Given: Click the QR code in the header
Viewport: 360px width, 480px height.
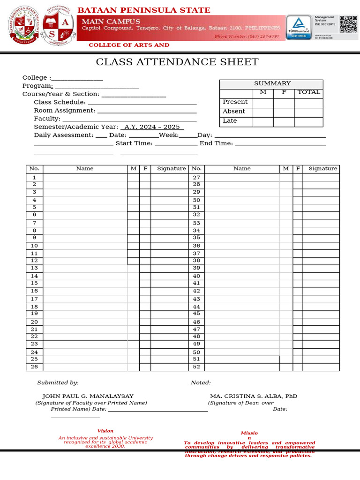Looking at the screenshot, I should (348, 24).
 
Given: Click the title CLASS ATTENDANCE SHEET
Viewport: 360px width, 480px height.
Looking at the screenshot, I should (177, 62).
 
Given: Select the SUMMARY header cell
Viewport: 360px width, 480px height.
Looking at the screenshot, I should (272, 83).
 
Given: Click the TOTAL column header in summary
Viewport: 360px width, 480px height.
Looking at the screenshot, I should (308, 92).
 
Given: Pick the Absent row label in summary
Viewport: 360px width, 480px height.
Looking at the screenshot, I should (234, 112).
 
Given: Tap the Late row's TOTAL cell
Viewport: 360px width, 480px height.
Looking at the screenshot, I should (308, 121).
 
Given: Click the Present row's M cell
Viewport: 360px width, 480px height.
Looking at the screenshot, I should (263, 102).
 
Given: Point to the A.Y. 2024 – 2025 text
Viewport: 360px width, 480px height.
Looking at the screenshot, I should (152, 127).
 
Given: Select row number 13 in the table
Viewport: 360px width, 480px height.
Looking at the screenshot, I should (34, 268).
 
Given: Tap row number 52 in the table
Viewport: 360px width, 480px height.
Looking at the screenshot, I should (196, 367).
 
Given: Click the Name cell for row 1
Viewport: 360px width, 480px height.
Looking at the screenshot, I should (85, 178).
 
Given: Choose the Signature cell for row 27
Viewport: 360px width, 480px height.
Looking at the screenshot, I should (321, 178).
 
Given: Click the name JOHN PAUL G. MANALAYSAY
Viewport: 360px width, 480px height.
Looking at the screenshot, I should (88, 396).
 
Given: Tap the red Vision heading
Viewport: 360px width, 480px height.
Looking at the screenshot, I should (105, 431).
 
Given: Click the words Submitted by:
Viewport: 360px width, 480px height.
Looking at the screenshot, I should (58, 383).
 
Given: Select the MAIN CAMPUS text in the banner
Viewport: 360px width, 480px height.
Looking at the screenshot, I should (111, 22).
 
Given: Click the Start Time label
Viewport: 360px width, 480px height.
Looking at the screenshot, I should (134, 143).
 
